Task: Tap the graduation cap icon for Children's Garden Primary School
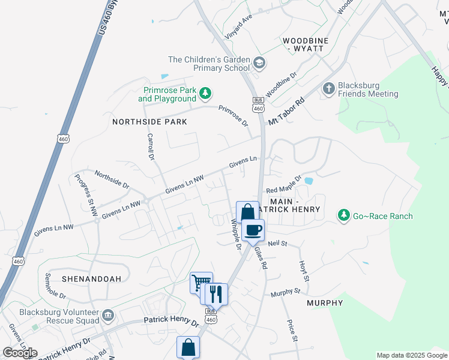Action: click(259, 62)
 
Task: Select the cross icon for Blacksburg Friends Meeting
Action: click(328, 89)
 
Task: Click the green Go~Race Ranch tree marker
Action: click(343, 215)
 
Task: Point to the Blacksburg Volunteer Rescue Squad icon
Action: click(108, 315)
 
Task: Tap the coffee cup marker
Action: click(253, 229)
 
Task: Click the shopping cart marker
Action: click(201, 282)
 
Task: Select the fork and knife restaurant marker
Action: click(216, 294)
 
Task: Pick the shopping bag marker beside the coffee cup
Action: click(247, 212)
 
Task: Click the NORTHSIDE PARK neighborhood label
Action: click(149, 121)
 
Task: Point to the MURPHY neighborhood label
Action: click(325, 303)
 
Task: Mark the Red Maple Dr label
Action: click(283, 189)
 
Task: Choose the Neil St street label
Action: click(279, 244)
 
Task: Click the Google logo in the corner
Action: click(20, 353)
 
